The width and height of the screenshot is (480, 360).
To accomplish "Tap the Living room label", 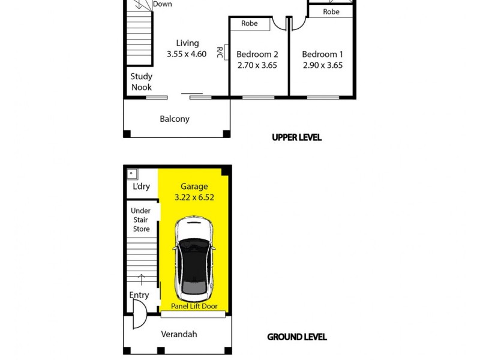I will [187, 43].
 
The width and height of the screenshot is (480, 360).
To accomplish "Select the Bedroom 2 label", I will [257, 55].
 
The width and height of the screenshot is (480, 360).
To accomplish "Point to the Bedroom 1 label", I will [322, 55].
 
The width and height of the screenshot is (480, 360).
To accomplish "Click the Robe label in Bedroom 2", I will [250, 23].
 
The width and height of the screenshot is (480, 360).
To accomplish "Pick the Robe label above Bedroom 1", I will [331, 11].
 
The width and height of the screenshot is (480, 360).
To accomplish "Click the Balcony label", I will [175, 119].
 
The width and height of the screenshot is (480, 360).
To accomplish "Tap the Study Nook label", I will [142, 82].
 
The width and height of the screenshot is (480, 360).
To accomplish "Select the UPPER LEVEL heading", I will [296, 137].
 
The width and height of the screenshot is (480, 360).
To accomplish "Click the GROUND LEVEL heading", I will [296, 337].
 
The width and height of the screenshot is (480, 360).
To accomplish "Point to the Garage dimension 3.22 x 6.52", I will [194, 197].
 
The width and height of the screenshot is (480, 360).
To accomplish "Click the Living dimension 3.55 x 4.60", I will [187, 54].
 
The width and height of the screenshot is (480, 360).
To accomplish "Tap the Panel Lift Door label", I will [194, 306].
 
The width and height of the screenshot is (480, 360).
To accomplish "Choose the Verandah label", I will [179, 334].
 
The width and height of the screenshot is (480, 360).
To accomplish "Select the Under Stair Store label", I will [141, 220].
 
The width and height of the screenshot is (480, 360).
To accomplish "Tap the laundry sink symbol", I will [132, 174].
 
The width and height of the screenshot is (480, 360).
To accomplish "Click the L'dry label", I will [141, 187].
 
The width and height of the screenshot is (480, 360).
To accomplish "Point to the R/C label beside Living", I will [220, 53].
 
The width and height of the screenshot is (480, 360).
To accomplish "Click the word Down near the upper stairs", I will [162, 4].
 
